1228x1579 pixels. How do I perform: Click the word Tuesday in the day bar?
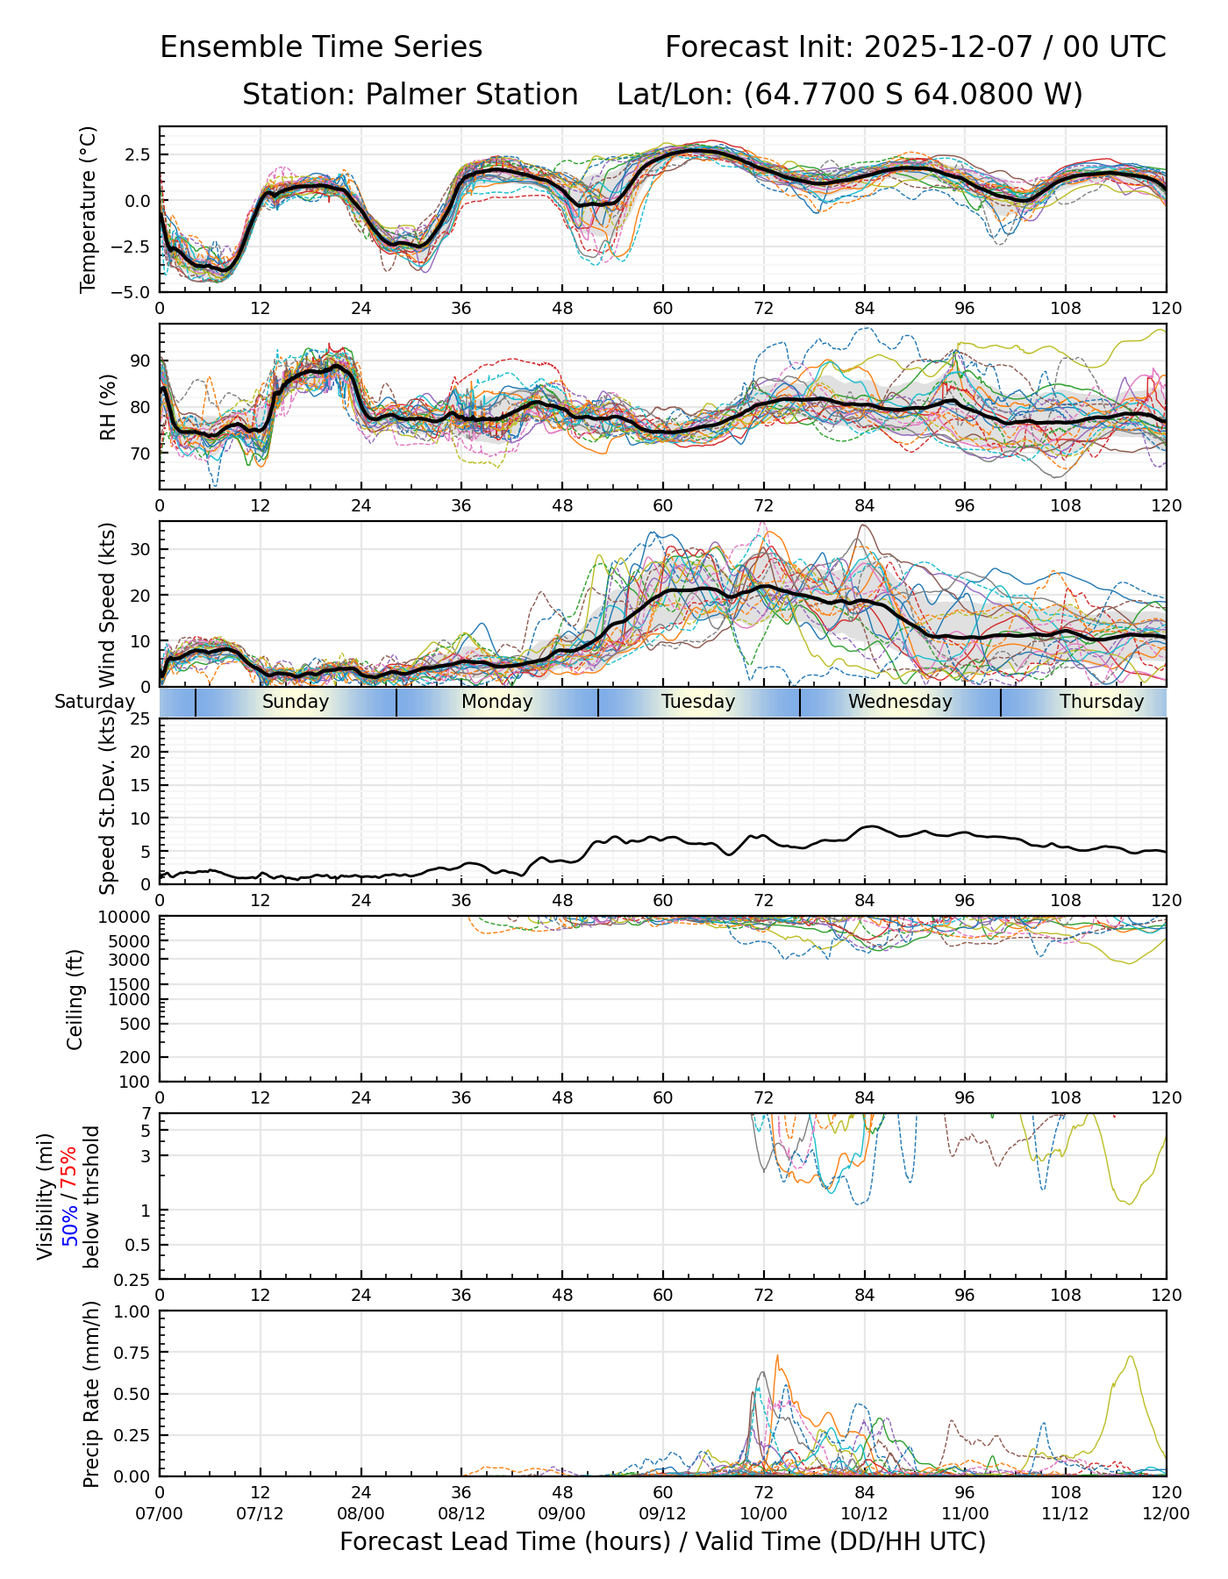click(698, 702)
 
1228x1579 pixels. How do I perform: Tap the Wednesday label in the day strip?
click(900, 702)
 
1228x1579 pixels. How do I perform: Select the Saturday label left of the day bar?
click(95, 702)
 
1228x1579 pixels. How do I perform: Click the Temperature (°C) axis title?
click(88, 209)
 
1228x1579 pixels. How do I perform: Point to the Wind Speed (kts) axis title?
click(107, 605)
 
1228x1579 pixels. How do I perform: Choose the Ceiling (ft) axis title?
click(75, 999)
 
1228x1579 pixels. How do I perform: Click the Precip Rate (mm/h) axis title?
click(91, 1394)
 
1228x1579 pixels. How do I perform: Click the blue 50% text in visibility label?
click(68, 1221)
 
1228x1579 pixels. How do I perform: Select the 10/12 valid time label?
click(864, 1514)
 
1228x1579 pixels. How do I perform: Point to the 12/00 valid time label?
click(1166, 1514)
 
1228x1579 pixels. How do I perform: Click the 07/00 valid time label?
click(160, 1514)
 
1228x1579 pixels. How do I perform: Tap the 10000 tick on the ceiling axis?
click(126, 918)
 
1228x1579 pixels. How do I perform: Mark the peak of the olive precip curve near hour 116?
click(1131, 1357)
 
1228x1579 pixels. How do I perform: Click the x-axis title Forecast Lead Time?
click(662, 1541)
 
